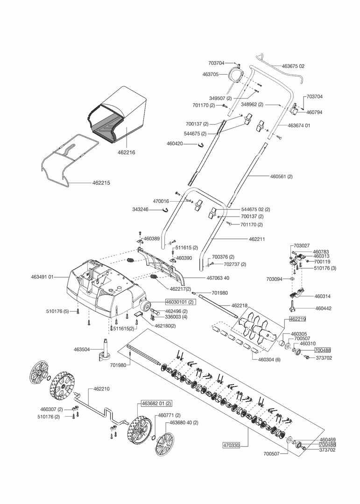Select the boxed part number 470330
tap(231, 446)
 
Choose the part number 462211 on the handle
tap(257, 239)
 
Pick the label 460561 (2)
tap(282, 176)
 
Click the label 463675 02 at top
tap(293, 66)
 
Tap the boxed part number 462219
tap(297, 319)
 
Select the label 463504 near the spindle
tap(82, 349)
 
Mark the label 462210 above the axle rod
tap(102, 388)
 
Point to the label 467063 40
tap(218, 278)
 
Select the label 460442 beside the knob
tap(324, 308)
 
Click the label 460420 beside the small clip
tap(177, 143)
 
